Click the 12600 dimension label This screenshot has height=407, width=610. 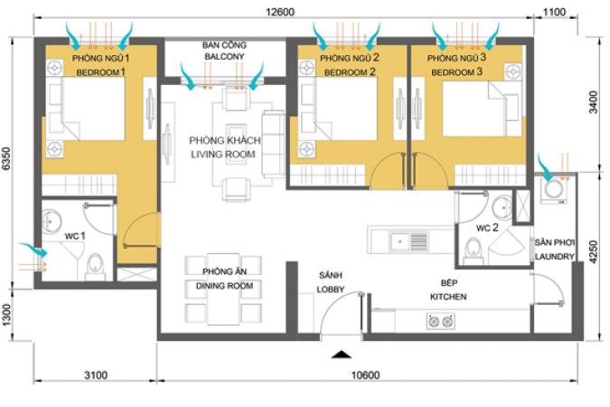tap(280, 12)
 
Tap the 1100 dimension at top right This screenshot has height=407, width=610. tap(554, 12)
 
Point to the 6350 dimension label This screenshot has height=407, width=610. tap(6, 158)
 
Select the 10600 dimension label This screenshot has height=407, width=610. tap(365, 375)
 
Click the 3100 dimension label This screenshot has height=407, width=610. tap(96, 375)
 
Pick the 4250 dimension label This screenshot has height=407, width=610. tap(593, 251)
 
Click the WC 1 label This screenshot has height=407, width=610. tap(75, 236)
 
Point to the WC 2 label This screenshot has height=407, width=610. tap(487, 228)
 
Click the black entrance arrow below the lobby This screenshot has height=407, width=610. tap(342, 354)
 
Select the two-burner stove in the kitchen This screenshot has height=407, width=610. tap(440, 321)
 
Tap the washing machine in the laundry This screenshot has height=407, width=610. tap(553, 190)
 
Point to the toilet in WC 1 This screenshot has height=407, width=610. tap(95, 266)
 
